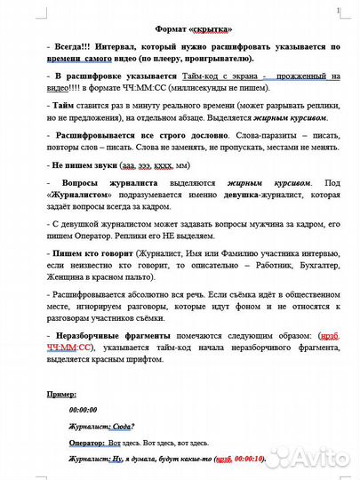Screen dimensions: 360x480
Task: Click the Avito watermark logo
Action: click(x=293, y=458)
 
